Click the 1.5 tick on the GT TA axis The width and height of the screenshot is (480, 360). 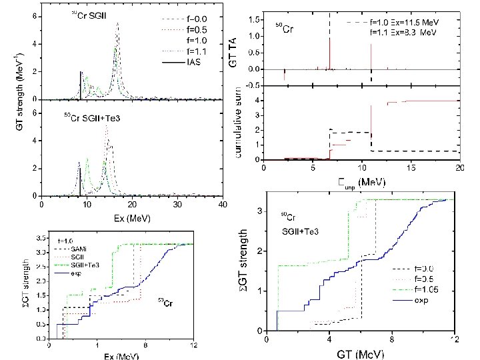point(255,21)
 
